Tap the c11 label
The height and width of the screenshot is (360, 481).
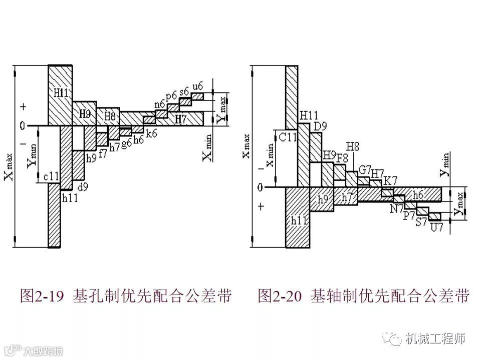click(x=52, y=176)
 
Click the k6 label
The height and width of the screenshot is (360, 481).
click(x=152, y=133)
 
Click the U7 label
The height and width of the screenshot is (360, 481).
click(x=437, y=227)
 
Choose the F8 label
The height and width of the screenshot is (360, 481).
click(x=342, y=157)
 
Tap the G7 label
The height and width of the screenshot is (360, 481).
click(x=365, y=168)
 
